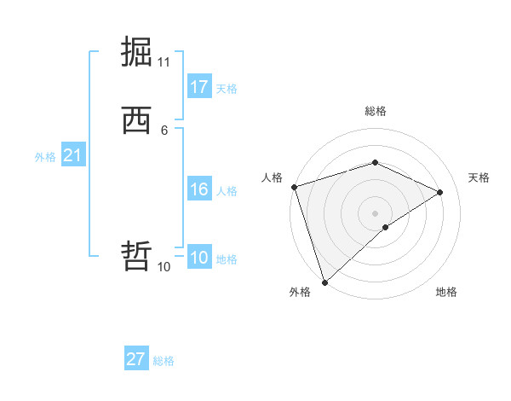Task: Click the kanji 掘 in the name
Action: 137,52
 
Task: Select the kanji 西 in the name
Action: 137,120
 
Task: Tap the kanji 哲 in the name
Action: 137,256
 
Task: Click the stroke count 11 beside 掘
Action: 164,62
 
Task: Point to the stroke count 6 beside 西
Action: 164,131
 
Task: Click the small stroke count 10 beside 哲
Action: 164,267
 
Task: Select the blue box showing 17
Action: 198,87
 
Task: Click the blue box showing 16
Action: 198,189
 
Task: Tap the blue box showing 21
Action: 72,155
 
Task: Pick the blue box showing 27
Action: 136,359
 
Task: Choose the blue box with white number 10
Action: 198,258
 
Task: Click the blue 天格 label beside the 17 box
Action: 227,89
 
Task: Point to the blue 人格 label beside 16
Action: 227,191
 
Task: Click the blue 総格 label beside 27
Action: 164,361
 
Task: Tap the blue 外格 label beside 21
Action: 45,157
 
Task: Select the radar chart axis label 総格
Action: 376,111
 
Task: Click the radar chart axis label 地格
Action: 446,292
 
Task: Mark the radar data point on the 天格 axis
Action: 440,192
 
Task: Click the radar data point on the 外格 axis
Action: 324,282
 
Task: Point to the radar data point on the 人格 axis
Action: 294,187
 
